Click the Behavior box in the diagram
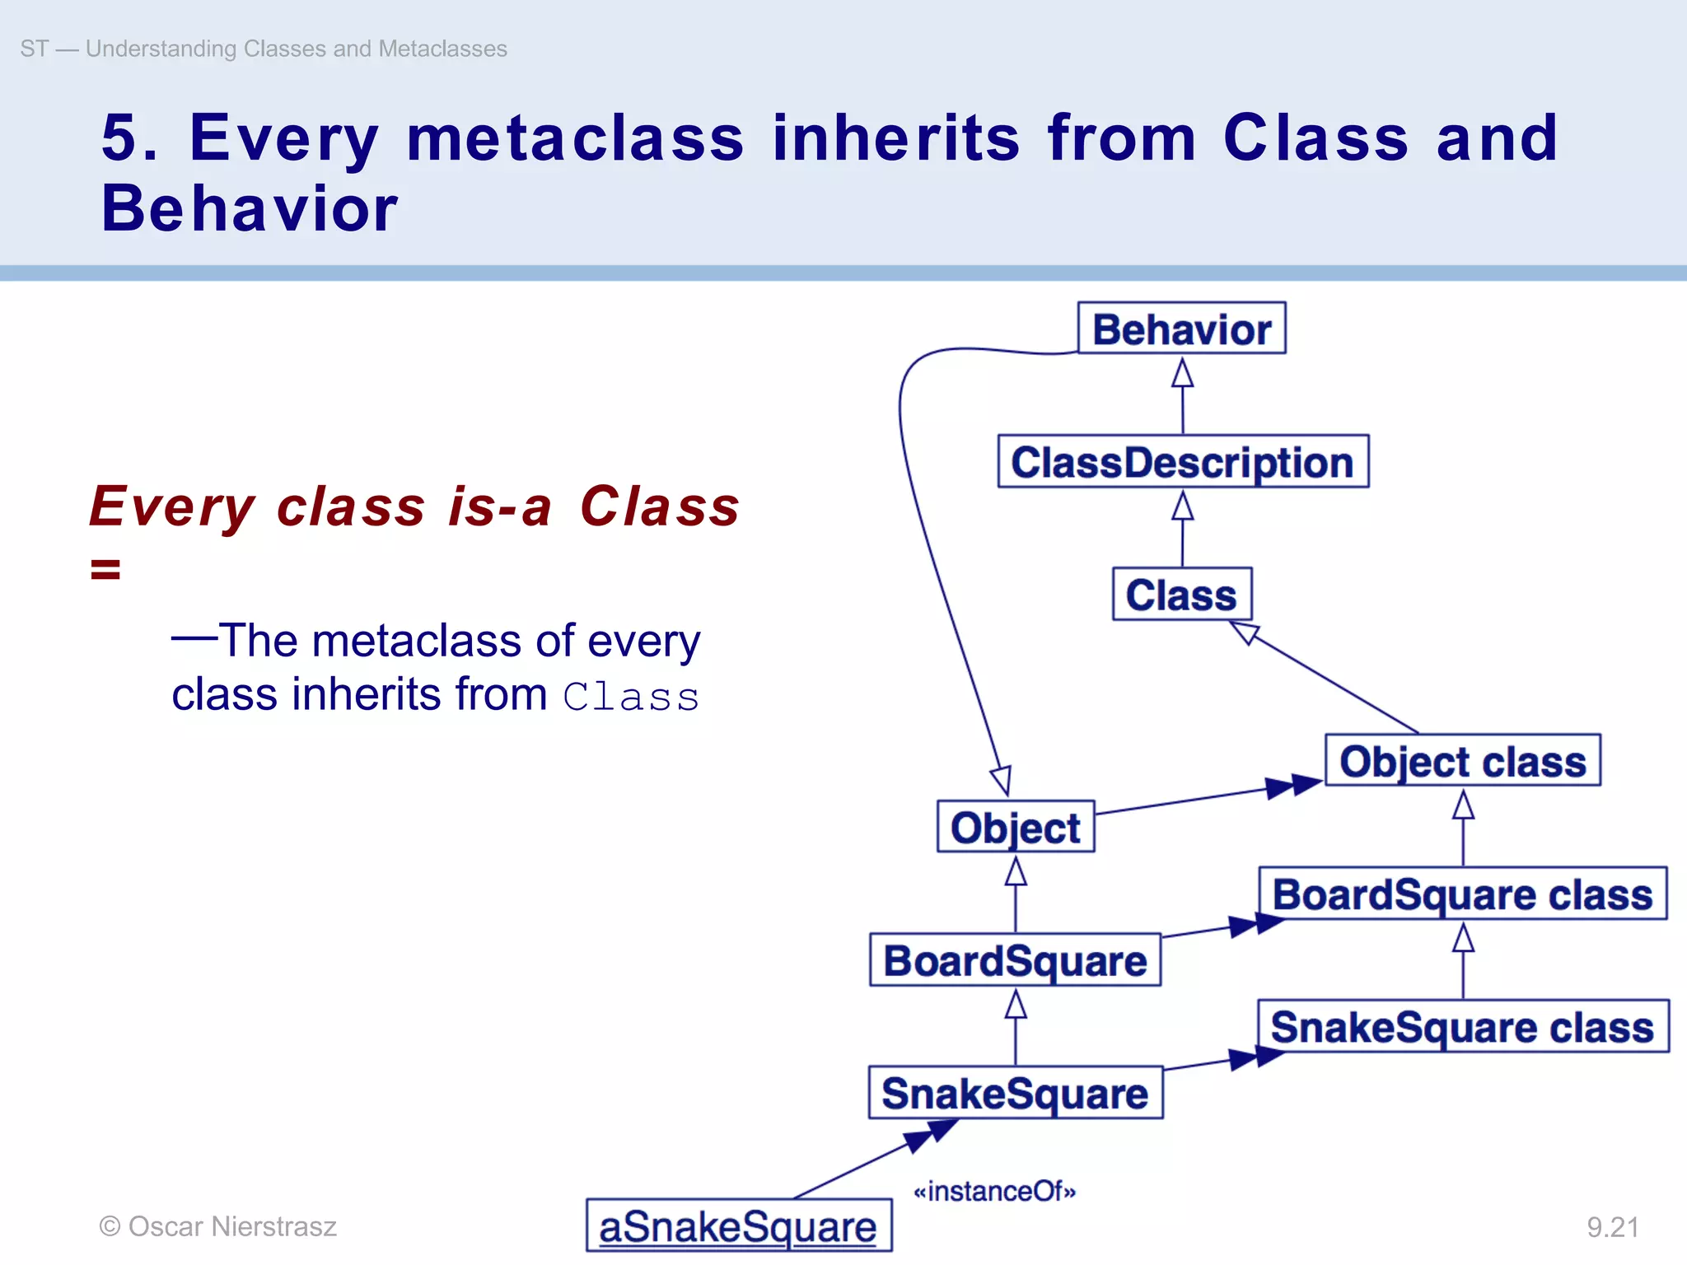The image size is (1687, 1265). (1181, 329)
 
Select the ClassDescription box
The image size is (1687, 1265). (1183, 462)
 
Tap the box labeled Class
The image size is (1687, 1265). (1181, 595)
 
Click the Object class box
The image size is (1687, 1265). (1462, 761)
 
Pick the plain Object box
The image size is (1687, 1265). (1015, 827)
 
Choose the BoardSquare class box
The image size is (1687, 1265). (1462, 894)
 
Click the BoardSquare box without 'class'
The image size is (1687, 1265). (1015, 960)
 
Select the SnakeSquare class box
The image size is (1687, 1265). (1462, 1027)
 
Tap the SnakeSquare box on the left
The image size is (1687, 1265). (1015, 1093)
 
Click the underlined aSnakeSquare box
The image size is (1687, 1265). (738, 1226)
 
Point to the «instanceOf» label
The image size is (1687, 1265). (994, 1191)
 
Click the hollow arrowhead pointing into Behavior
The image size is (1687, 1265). (1182, 372)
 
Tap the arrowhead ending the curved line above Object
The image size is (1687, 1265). (1002, 779)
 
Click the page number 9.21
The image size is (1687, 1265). (1612, 1227)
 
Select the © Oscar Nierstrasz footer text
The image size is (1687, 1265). (218, 1226)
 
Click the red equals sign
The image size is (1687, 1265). (105, 569)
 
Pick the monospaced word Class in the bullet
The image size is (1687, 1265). (631, 697)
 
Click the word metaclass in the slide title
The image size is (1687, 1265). (575, 138)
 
